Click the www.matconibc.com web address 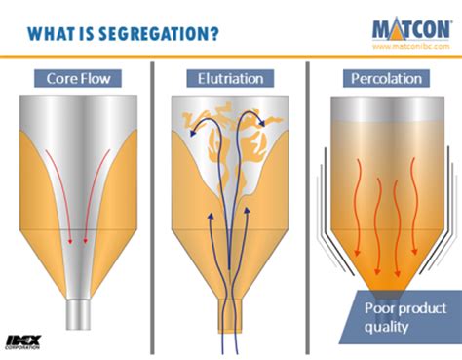(x=410, y=45)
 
